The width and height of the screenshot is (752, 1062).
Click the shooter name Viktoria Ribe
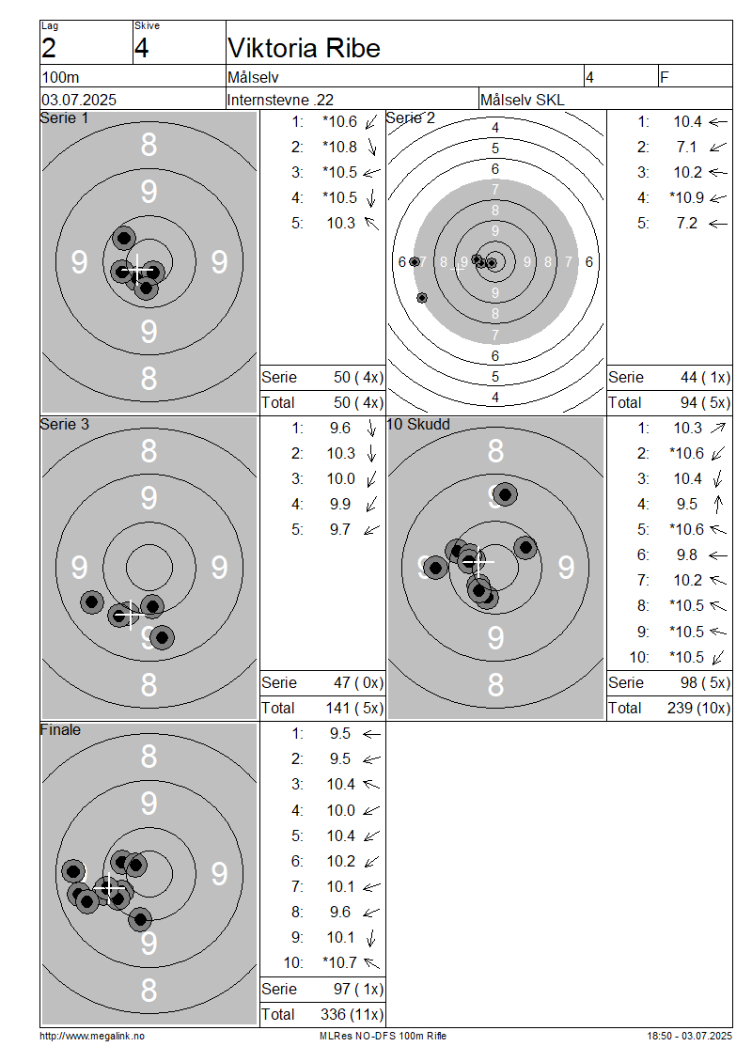coord(305,48)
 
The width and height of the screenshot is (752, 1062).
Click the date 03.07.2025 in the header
coord(79,100)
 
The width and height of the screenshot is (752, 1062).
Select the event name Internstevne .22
coord(280,100)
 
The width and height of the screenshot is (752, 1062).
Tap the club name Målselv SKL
coord(522,100)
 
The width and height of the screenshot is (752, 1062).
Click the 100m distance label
coord(61,77)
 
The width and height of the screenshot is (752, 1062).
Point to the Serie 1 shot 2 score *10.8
coord(339,147)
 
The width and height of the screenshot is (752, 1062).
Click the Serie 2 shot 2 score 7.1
coord(686,147)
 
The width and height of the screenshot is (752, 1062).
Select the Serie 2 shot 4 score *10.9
coord(686,197)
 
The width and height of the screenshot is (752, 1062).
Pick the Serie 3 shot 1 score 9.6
coord(340,428)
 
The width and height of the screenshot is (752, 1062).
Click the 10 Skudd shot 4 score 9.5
coord(687,504)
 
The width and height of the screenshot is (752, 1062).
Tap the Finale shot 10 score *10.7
coord(339,962)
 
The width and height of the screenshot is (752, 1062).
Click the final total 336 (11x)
coord(352,1014)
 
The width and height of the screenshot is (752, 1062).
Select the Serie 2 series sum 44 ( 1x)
coord(705,377)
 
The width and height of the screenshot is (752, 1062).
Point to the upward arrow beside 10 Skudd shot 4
coord(718,504)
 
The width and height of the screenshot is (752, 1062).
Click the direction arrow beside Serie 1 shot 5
coord(371,223)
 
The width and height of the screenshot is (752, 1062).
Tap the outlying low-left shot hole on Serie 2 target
coord(422,297)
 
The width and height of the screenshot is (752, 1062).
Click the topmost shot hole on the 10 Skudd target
coord(505,494)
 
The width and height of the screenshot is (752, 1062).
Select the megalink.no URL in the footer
coord(92,1036)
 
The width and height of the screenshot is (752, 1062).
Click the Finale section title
coord(60,729)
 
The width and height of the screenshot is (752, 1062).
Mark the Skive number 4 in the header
coord(141,48)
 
